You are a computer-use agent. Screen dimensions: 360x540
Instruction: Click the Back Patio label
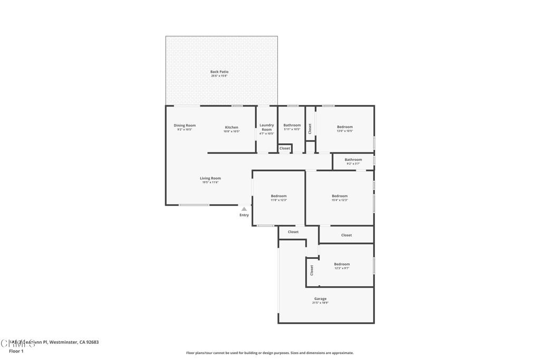point(219,72)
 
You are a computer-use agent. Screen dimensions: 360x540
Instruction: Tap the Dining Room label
point(185,125)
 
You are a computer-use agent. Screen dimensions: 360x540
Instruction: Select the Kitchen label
point(232,127)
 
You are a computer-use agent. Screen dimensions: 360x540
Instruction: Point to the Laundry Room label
point(267,128)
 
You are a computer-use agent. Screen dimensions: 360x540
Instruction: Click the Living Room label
point(210,178)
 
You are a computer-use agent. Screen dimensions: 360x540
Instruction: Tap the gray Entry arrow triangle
point(244,209)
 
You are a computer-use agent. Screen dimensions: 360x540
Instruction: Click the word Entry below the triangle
point(244,215)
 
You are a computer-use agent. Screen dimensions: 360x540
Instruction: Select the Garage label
point(320,298)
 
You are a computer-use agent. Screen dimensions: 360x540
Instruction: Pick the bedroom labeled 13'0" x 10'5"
point(345,127)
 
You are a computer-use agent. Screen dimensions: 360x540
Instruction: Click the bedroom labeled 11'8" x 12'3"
point(278,196)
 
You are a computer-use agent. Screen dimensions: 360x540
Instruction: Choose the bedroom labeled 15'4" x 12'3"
point(340,196)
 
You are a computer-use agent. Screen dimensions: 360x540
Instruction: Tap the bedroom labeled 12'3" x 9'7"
point(342,264)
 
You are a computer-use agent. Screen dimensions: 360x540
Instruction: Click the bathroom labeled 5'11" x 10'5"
point(292,125)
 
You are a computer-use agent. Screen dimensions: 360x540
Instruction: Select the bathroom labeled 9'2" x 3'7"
point(353,160)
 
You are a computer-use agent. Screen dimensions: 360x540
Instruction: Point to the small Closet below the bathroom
point(285,149)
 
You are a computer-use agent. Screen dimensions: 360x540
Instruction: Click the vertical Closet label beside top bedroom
point(310,128)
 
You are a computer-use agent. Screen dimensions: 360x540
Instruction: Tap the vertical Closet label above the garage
point(312,270)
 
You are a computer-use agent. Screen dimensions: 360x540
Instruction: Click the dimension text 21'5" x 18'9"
point(320,303)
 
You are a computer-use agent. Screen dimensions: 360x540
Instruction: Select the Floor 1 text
point(16,351)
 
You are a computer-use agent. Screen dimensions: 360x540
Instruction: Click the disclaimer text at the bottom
point(269,353)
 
